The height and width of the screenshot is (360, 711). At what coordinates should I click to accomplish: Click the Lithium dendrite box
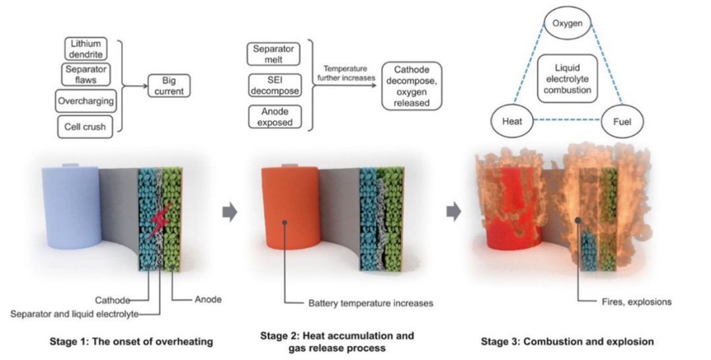click(86, 49)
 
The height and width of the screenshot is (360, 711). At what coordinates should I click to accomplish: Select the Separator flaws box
click(86, 74)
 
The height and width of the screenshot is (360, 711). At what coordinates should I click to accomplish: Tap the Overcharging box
click(86, 101)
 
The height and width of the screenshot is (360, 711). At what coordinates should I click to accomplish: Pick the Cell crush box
click(85, 126)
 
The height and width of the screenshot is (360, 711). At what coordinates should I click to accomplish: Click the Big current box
click(169, 86)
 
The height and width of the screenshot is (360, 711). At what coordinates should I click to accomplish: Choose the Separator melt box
click(274, 54)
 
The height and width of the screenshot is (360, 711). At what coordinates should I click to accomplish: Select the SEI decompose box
click(275, 86)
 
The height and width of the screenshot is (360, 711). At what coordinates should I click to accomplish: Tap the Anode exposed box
click(275, 117)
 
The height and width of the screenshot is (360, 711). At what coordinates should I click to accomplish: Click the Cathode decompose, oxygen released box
click(411, 86)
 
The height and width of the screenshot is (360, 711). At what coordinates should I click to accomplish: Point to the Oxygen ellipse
click(567, 22)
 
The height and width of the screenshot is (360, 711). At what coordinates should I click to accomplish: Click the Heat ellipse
click(512, 121)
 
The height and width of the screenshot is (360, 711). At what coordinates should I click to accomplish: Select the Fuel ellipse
click(622, 121)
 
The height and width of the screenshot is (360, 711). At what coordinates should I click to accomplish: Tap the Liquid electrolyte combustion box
click(567, 79)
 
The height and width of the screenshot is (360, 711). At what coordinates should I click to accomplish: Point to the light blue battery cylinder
click(72, 206)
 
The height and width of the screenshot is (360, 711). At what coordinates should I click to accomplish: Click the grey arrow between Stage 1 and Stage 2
click(230, 212)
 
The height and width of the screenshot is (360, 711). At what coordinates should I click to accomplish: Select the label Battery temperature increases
click(371, 303)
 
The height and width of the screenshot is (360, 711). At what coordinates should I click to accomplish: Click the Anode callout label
click(208, 299)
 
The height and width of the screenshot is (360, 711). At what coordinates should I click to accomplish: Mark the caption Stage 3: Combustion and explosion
click(567, 341)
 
